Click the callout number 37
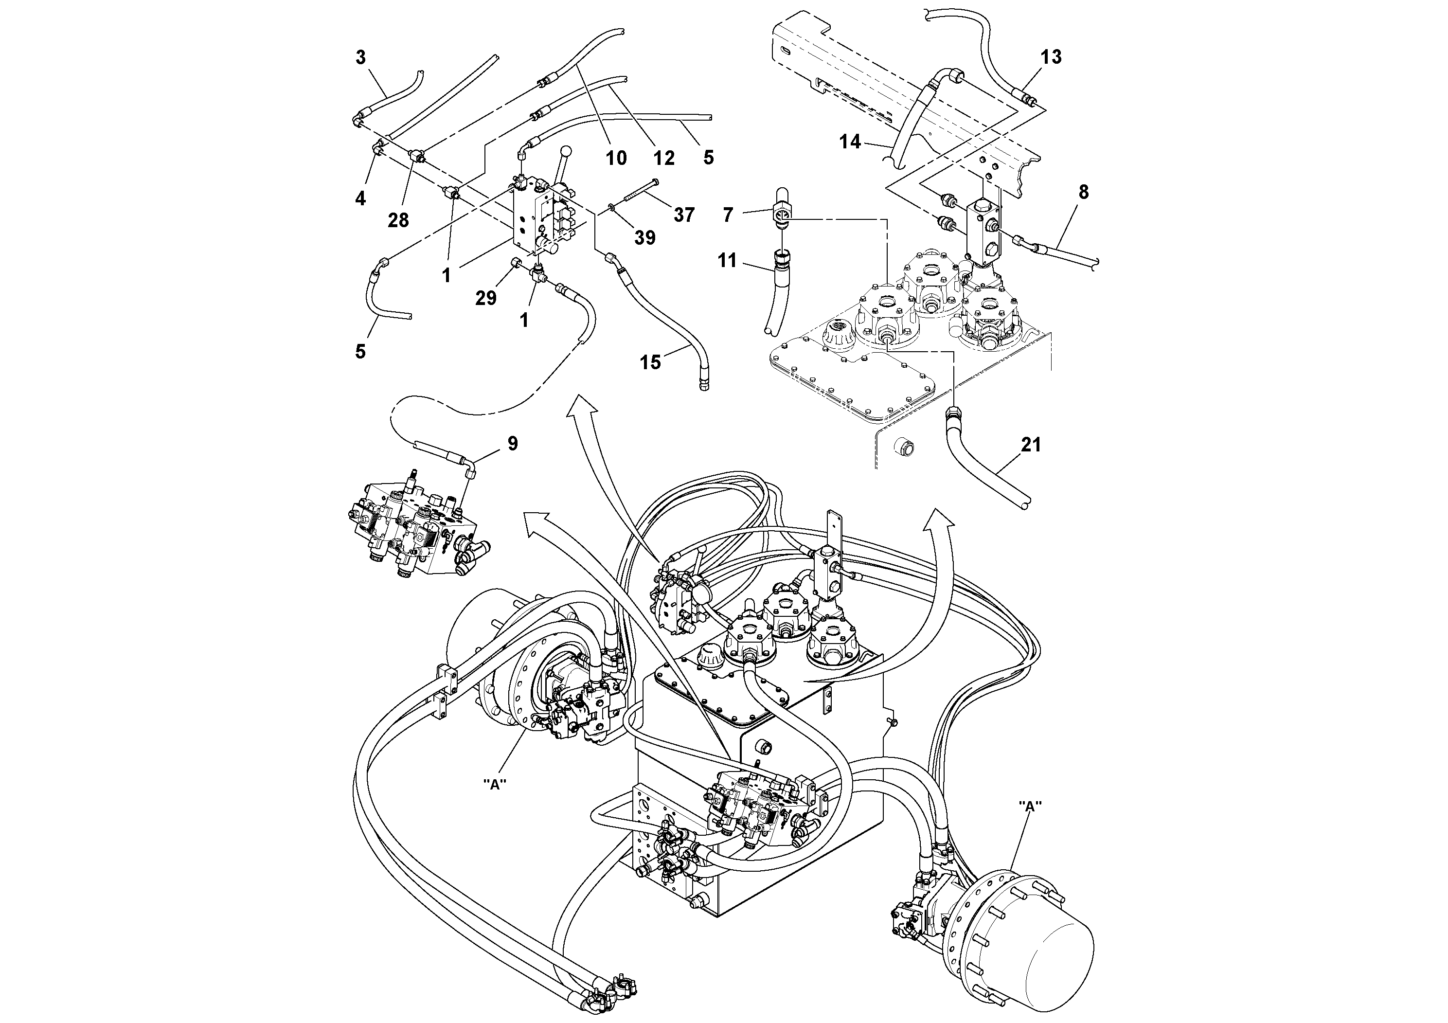pos(684,215)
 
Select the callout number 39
pos(644,238)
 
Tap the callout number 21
pos(1031,445)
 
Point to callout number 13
pos(1051,57)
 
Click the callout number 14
pos(850,142)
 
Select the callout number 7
pos(728,215)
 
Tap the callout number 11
pos(727,260)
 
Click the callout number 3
pos(360,57)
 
